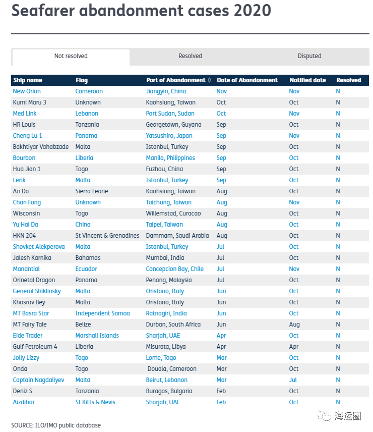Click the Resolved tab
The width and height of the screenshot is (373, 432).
pos(190,56)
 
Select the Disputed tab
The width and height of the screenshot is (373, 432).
pos(309,56)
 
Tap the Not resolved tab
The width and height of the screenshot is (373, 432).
pos(71,56)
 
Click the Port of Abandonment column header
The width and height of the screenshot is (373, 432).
pos(176,80)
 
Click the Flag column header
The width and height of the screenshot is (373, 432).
pos(82,80)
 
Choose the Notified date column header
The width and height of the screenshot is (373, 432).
pos(307,80)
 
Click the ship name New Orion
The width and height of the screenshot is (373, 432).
pos(27,91)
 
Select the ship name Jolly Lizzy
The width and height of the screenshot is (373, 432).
pos(26,358)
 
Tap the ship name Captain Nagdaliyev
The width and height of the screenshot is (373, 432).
pos(38,380)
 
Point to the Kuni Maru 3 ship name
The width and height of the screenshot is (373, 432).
pos(30,102)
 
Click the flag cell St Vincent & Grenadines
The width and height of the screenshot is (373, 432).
pos(107,236)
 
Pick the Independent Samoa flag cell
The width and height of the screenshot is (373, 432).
pos(102,313)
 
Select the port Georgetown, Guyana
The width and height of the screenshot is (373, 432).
pos(173,125)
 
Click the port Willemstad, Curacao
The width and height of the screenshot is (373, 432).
pos(173,213)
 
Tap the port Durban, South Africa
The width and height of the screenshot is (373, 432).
pos(173,325)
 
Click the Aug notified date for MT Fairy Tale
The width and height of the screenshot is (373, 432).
pos(294,325)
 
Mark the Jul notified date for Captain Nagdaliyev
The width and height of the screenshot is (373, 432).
pos(293,380)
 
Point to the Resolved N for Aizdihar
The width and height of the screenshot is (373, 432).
pos(338,402)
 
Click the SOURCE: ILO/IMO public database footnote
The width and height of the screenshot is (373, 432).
pos(56,425)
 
